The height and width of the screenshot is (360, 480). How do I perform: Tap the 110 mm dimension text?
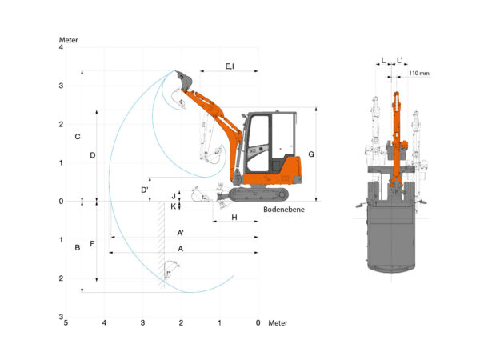(418, 74)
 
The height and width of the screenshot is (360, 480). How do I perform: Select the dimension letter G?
(311, 154)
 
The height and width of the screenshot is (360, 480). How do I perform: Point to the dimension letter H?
(234, 218)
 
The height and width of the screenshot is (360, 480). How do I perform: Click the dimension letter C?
(77, 137)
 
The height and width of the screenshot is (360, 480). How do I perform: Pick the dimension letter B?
(77, 247)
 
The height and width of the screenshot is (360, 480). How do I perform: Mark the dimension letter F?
(92, 243)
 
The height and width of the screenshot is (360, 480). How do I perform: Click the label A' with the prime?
(182, 233)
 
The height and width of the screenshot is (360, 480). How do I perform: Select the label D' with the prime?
(145, 190)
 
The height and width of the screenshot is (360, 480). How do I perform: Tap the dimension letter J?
(174, 194)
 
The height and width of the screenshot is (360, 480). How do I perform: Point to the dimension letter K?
(174, 206)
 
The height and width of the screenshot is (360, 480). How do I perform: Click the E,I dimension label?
(230, 66)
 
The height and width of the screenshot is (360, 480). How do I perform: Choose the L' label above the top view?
(400, 60)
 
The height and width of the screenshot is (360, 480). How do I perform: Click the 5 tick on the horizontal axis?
(66, 322)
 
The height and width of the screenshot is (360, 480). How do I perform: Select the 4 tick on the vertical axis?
(60, 48)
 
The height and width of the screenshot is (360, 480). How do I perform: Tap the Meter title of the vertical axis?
(70, 39)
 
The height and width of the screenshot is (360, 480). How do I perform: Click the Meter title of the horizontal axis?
(277, 322)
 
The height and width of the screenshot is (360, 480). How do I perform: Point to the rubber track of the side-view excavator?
(258, 194)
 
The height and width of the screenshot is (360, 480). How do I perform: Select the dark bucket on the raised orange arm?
(185, 81)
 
